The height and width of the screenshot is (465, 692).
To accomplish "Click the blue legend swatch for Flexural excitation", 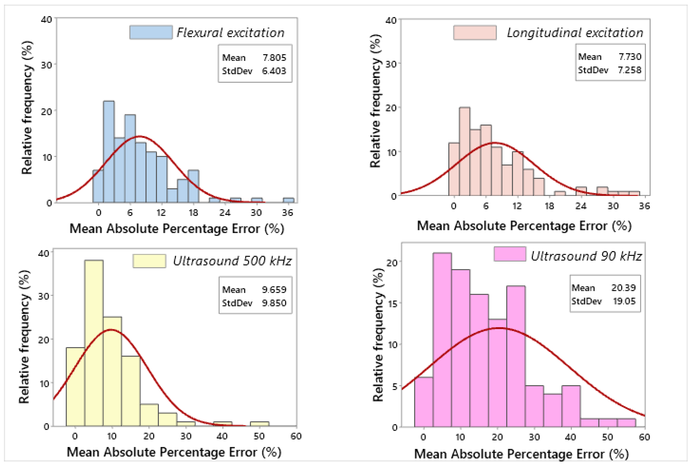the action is point(151,32).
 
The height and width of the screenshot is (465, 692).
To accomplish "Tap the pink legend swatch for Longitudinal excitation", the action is point(475,33).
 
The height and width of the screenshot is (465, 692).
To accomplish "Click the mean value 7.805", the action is point(274,57).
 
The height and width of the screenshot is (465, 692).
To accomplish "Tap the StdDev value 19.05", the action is point(624,301).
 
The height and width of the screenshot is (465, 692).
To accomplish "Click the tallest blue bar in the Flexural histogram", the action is point(109,152).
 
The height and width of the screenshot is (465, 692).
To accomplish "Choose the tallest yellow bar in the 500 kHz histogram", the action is point(94,343).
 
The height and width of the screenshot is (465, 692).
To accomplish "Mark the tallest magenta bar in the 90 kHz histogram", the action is point(442,340).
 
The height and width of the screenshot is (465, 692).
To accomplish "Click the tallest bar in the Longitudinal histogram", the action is point(464,151).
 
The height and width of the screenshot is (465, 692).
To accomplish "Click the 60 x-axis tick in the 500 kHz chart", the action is point(296,436).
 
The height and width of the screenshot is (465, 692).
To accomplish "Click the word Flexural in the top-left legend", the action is point(199,32).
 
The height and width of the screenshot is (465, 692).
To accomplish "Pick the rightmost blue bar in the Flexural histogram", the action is point(289,200).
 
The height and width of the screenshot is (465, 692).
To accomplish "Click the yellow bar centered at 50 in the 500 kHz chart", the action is point(260,424).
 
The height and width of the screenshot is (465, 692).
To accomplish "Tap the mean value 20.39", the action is point(623,288).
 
